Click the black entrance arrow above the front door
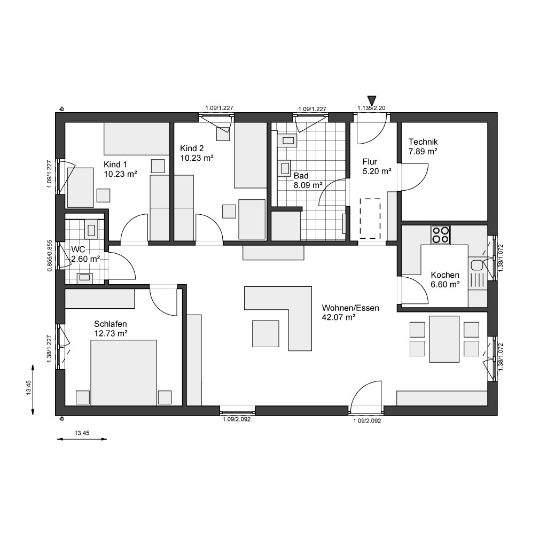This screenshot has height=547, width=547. [372, 100]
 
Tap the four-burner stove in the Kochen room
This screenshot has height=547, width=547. [441, 235]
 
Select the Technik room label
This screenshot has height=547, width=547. [423, 142]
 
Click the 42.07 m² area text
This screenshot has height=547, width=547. [338, 317]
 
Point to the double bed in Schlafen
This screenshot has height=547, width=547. [123, 372]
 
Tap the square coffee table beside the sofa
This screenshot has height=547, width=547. [265, 333]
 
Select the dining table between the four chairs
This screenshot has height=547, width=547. [444, 339]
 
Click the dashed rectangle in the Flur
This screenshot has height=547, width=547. [370, 218]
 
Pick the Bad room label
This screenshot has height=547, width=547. [301, 176]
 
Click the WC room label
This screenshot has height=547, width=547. [78, 249]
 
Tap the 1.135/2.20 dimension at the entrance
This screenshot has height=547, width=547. [371, 108]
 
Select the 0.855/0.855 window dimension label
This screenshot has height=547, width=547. [50, 255]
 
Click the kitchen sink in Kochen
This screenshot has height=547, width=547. [476, 265]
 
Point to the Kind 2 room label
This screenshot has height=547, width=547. [192, 149]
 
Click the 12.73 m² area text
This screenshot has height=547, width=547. [111, 333]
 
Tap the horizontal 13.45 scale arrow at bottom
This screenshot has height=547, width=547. [82, 439]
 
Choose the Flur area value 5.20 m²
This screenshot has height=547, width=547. [377, 171]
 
